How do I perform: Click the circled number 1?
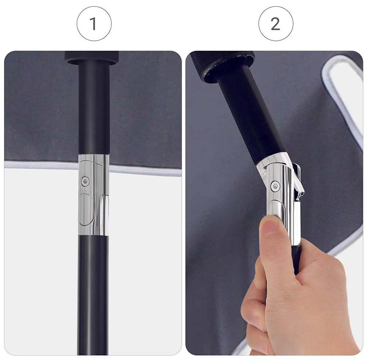pos(94,23)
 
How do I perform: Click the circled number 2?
pos(276,23)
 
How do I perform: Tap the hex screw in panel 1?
pos(85,181)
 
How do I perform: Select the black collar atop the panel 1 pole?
pos(92,58)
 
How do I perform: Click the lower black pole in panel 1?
pos(93,295)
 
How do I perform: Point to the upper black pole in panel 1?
pos(94,108)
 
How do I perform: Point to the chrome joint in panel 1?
pos(94,195)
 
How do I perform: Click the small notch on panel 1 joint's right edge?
pos(106,195)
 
